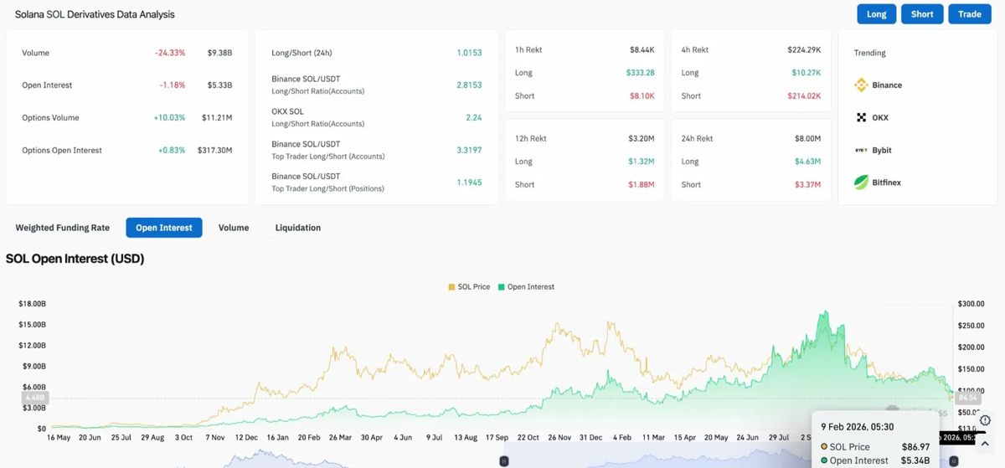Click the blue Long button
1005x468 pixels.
(x=877, y=14)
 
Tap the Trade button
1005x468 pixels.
(x=969, y=14)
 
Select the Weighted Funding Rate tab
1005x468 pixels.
(x=63, y=228)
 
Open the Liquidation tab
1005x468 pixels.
(x=298, y=228)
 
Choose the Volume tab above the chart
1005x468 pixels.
(x=234, y=228)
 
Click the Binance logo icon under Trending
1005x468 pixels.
(x=861, y=85)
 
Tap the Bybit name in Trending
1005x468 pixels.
(x=882, y=151)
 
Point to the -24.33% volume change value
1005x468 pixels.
(x=170, y=53)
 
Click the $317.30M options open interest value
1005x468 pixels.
(x=215, y=151)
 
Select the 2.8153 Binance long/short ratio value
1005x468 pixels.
(x=469, y=85)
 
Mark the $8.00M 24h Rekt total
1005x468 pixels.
(x=807, y=138)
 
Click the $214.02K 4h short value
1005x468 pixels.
(x=804, y=96)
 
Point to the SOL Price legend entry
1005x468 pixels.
(x=470, y=287)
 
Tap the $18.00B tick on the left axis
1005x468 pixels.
(x=32, y=304)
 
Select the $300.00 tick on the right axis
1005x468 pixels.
(x=971, y=304)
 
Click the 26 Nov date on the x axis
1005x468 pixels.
(x=559, y=438)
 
